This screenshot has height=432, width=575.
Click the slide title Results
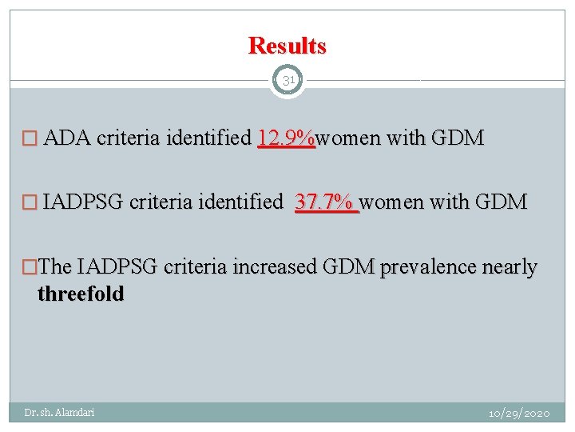(x=287, y=46)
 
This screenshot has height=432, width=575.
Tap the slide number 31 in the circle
(x=287, y=81)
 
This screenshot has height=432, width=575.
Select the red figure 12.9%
(x=287, y=138)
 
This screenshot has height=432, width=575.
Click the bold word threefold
(x=81, y=294)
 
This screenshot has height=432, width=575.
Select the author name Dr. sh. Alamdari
(x=59, y=413)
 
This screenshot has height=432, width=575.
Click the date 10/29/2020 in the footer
(x=519, y=414)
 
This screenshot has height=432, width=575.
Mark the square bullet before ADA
(x=29, y=139)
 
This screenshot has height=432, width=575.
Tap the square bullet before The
(x=30, y=267)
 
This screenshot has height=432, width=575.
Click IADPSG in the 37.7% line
(x=83, y=202)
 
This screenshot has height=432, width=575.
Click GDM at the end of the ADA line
(x=457, y=138)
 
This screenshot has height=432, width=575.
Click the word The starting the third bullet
(x=54, y=266)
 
